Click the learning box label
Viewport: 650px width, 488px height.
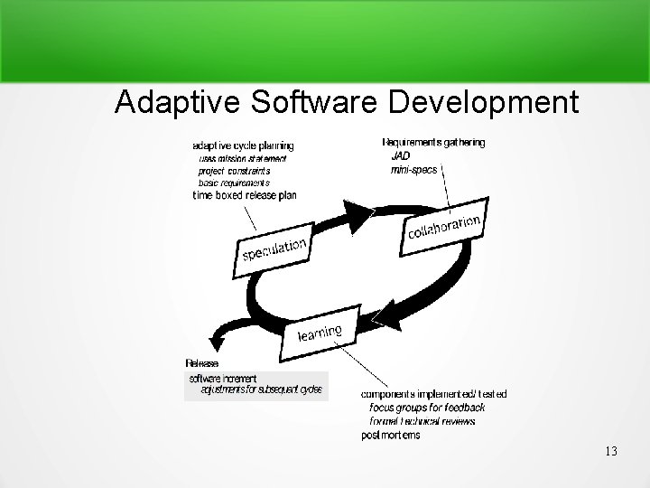click(x=320, y=332)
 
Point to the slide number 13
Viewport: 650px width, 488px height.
click(x=611, y=450)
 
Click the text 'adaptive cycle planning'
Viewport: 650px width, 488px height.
click(x=243, y=145)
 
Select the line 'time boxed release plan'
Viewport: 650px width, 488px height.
click(x=245, y=195)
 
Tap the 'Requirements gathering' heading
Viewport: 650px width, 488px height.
click(x=433, y=142)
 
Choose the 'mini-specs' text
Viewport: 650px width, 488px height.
click(x=413, y=169)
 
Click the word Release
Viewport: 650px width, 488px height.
click(x=201, y=363)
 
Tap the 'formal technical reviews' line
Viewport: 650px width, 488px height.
click(x=422, y=421)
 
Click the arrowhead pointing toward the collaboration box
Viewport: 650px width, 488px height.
click(x=361, y=212)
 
